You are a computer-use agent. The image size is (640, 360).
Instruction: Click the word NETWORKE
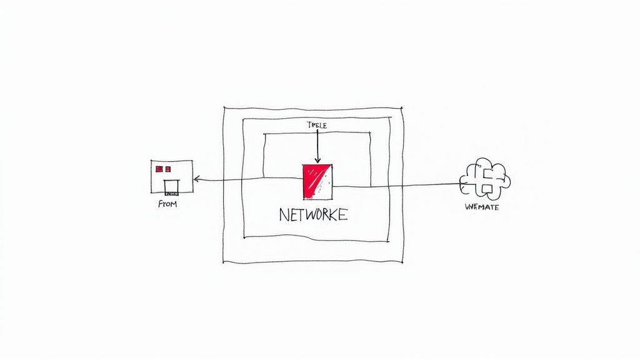pos(313,215)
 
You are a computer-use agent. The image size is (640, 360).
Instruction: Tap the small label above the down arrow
pos(317,126)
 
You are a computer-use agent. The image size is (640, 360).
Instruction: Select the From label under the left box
pos(167,204)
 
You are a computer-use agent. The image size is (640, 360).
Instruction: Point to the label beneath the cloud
pos(482,207)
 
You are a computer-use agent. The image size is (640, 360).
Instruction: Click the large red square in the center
pos(317,181)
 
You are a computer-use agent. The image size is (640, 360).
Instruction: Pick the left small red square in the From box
pos(159,169)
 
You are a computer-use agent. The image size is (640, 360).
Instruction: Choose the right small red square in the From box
pos(167,169)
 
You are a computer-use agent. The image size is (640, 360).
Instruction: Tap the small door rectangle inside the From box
pos(171,185)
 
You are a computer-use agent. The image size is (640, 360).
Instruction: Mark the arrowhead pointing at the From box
pos(196,179)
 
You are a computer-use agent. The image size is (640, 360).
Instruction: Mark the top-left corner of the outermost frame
pos(224,107)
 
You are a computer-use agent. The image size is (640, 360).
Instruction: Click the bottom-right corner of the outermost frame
pos(403,262)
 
